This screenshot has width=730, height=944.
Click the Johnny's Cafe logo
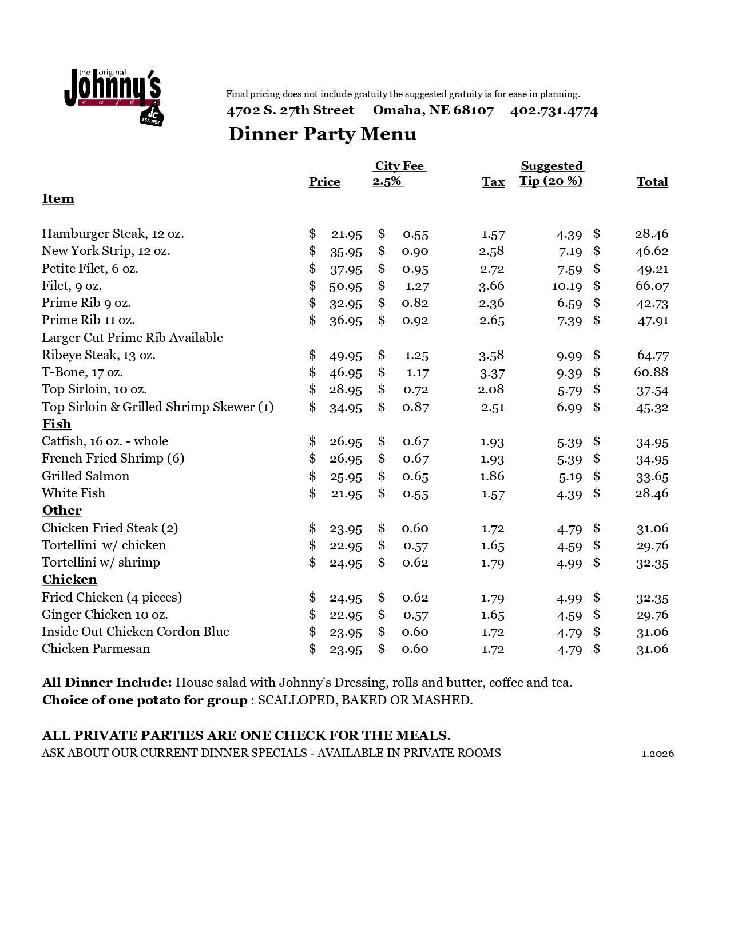tap(113, 96)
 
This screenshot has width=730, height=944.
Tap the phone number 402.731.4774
tap(554, 111)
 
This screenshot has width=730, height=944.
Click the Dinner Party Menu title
tap(322, 134)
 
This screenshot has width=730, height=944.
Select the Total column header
tap(652, 182)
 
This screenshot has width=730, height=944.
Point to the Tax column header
tap(493, 182)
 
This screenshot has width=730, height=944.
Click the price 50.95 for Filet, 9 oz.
tap(346, 286)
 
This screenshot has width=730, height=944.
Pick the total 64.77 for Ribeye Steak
tap(653, 355)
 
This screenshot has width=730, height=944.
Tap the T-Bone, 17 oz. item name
tap(82, 372)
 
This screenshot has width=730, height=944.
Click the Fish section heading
tap(57, 424)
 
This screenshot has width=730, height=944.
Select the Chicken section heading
tap(69, 579)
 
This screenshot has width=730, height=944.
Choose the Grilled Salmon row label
tap(85, 476)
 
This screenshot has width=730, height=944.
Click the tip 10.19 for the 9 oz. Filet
tap(567, 286)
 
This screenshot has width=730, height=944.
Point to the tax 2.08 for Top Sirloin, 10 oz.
tap(491, 389)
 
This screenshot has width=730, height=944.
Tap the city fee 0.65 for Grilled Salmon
tap(415, 476)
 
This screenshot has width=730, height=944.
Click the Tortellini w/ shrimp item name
tap(101, 563)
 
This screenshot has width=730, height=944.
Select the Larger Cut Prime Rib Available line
tap(132, 337)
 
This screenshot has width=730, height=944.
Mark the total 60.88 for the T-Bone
tap(651, 372)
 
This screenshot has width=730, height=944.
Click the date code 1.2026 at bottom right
tap(658, 754)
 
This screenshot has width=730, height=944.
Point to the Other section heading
tap(62, 510)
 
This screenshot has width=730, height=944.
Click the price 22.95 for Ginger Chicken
tap(346, 615)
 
